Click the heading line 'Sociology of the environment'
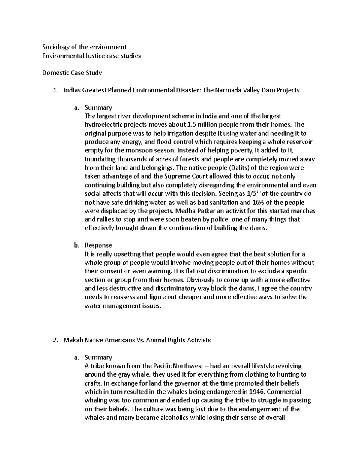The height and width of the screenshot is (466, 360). (84, 47)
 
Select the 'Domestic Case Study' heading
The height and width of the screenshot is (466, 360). (72, 73)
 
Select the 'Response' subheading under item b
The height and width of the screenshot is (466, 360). (98, 245)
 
